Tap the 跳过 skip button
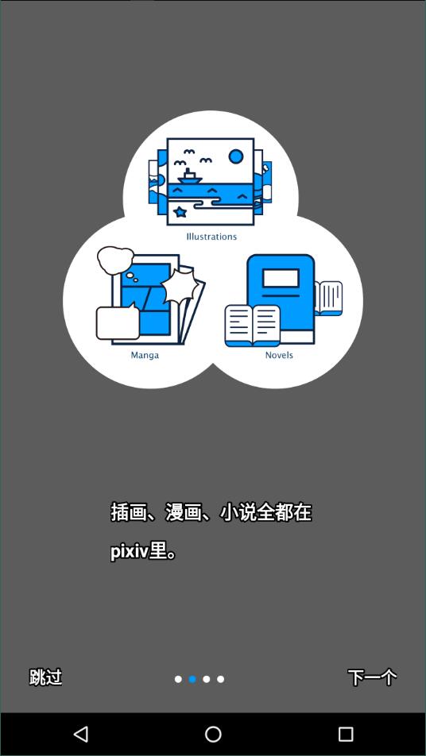pos(45,677)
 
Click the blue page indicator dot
pos(192,679)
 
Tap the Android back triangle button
pos(80,735)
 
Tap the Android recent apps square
pos(346,735)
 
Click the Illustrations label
pos(211,237)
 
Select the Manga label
pos(145,355)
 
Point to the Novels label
pos(279,355)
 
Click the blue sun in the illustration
pos(236,156)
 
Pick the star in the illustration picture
pos(180,211)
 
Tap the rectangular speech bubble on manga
pos(118,322)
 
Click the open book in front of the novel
pos(253,326)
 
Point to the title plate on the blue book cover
pos(281,279)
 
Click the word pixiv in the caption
pos(129,552)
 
